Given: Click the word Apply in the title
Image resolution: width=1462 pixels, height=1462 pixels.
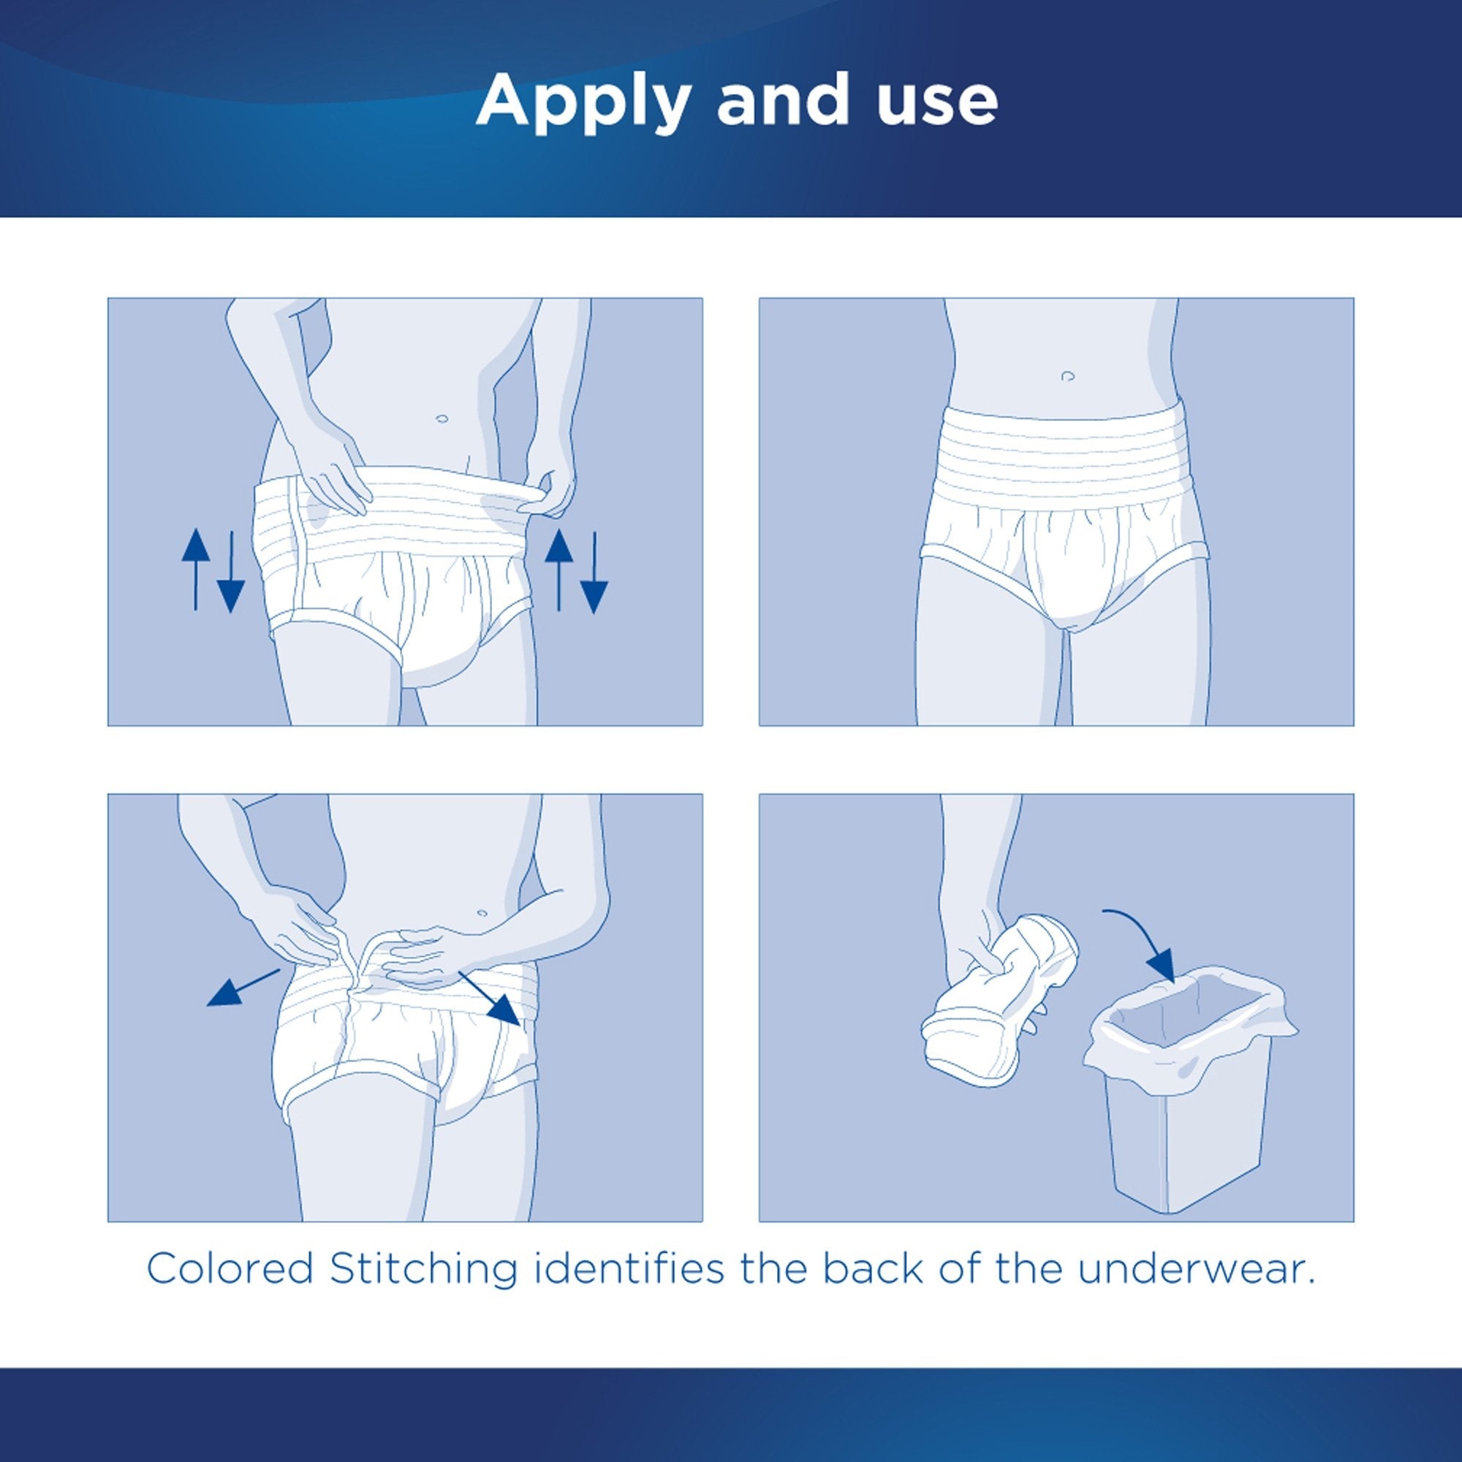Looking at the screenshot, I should pyautogui.click(x=583, y=101).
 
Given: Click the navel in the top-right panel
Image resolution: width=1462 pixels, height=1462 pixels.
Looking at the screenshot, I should pyautogui.click(x=1068, y=375).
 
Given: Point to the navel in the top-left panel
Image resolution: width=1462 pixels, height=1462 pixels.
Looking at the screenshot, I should pyautogui.click(x=442, y=417).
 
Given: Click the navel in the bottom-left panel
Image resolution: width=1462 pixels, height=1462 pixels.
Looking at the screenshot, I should pyautogui.click(x=482, y=912).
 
